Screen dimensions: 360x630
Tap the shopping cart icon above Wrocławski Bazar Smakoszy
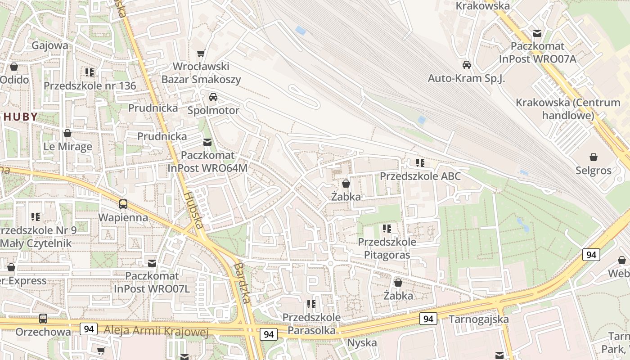(201, 54)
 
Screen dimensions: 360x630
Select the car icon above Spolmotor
(213, 97)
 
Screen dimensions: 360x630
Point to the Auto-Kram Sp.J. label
(467, 78)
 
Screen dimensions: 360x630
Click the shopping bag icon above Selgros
(594, 157)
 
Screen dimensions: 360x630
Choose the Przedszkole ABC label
(420, 176)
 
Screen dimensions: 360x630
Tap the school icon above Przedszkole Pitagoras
(387, 229)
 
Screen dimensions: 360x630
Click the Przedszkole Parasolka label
(311, 324)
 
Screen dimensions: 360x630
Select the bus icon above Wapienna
(123, 204)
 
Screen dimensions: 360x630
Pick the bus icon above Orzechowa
(43, 319)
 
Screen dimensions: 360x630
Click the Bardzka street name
(242, 283)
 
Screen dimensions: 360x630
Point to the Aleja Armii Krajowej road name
(156, 331)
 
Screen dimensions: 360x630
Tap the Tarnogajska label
(479, 319)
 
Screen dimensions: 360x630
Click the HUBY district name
(21, 117)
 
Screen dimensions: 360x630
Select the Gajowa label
(50, 45)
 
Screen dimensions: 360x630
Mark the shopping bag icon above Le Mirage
(67, 134)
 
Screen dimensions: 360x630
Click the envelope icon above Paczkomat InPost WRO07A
(537, 33)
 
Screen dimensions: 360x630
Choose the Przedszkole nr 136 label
(90, 85)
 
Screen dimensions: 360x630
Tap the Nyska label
(362, 343)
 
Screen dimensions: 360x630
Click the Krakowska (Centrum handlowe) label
(568, 108)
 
